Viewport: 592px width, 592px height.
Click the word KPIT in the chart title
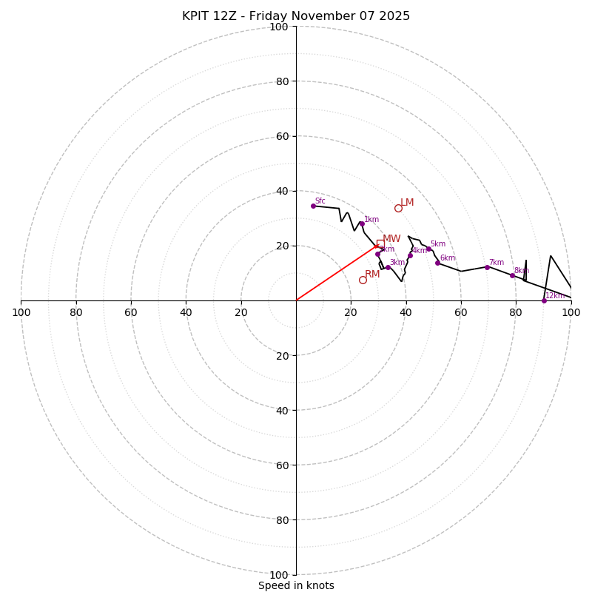pos(198,16)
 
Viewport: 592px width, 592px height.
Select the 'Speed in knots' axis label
pos(296,585)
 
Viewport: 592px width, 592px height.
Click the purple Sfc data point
pos(313,206)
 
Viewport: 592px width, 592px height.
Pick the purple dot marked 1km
pos(362,223)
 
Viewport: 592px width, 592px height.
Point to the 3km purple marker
pos(388,267)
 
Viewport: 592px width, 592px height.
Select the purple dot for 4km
pos(410,255)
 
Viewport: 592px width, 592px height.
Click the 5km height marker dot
pos(428,249)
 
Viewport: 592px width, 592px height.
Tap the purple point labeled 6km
pos(437,263)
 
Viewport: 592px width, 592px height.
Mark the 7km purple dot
pos(487,267)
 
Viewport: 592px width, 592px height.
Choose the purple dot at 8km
pos(512,275)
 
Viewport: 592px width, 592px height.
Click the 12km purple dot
pos(544,300)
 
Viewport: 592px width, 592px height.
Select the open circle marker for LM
pos(398,209)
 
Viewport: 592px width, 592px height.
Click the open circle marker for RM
pos(363,280)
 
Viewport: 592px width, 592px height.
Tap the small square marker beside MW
pos(380,243)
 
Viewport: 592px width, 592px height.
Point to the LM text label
pos(407,203)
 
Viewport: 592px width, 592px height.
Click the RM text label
pos(372,275)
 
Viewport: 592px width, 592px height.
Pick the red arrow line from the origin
pos(337,273)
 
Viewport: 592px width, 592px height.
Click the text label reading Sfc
pos(320,201)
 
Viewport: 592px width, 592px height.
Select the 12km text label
pos(555,296)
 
